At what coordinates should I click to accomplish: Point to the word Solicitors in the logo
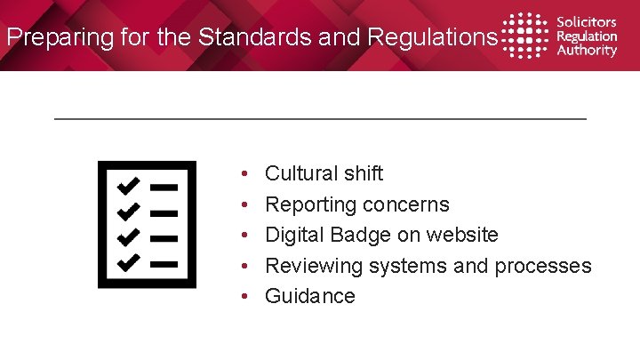(x=586, y=22)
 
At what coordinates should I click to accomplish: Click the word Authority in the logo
(x=586, y=51)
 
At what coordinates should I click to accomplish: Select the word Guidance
(x=310, y=296)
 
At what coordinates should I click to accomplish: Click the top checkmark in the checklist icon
(x=128, y=186)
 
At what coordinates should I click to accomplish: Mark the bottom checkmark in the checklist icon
(x=128, y=262)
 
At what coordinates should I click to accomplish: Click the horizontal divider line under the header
(x=320, y=118)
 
